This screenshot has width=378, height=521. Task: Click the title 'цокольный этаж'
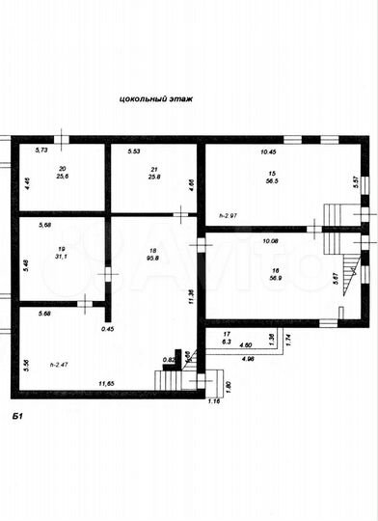point(154,98)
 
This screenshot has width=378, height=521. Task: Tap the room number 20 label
point(63,167)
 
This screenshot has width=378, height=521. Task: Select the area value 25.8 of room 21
point(154,177)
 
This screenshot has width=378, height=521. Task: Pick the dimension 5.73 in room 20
point(41,151)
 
